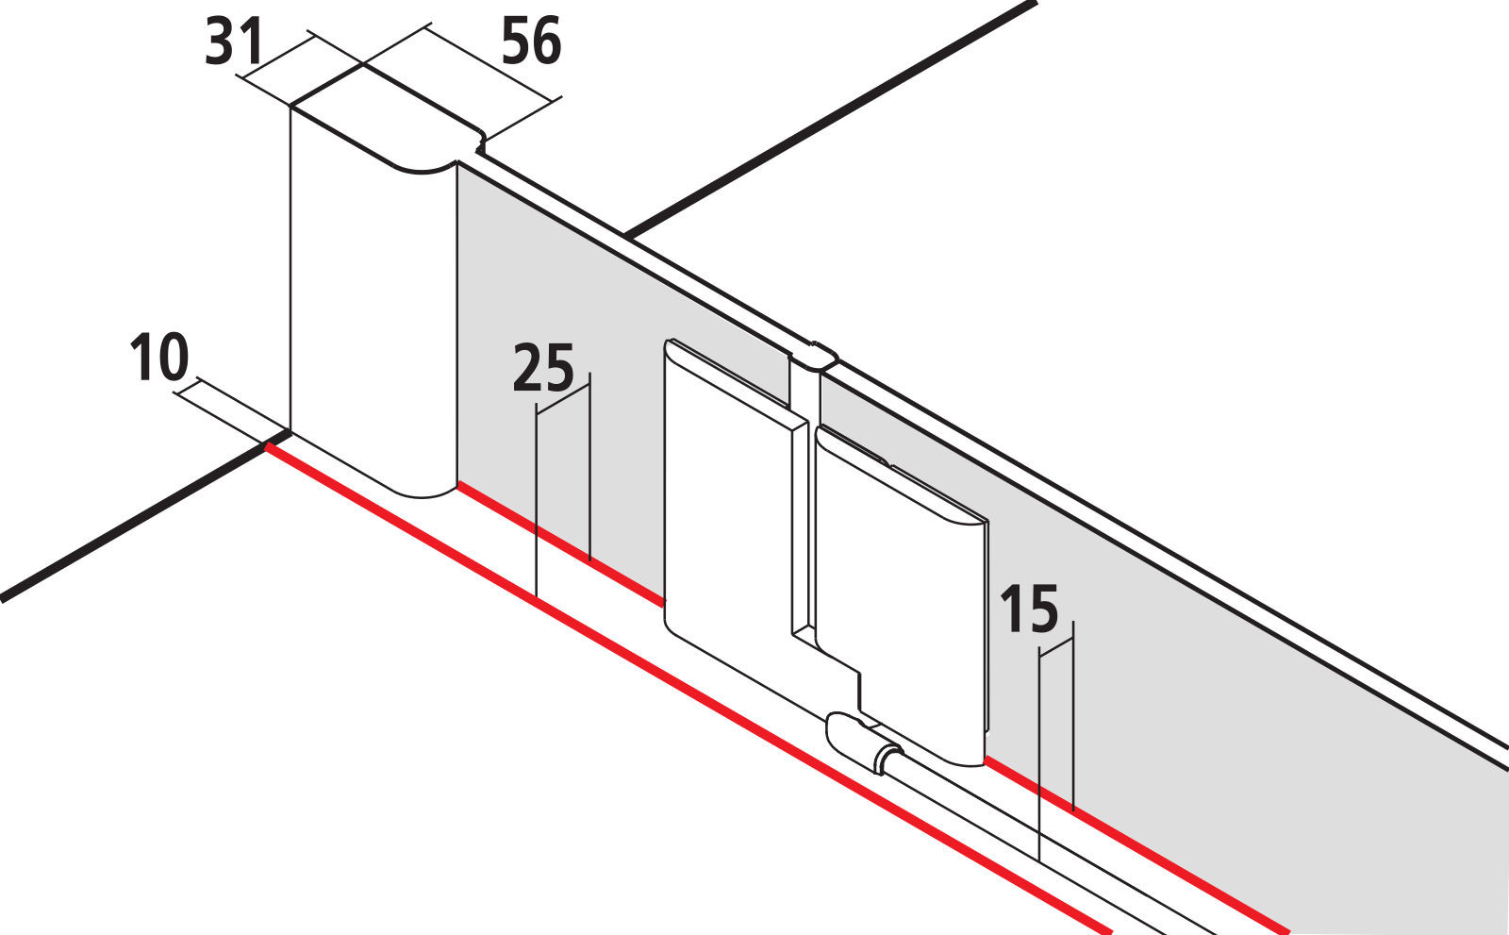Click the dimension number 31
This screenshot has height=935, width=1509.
[x=234, y=42]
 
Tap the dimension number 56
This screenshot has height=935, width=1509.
[x=532, y=42]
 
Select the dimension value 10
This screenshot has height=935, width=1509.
[x=159, y=358]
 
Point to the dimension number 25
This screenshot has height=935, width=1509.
[x=543, y=368]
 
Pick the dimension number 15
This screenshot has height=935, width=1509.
[x=1029, y=609]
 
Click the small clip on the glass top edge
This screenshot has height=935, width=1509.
[x=814, y=356]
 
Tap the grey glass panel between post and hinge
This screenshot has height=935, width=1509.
[x=559, y=377]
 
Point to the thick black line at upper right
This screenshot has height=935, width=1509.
[x=830, y=119]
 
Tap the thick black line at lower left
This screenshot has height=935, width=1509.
[x=145, y=517]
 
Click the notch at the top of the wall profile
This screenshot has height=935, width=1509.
[x=481, y=142]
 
